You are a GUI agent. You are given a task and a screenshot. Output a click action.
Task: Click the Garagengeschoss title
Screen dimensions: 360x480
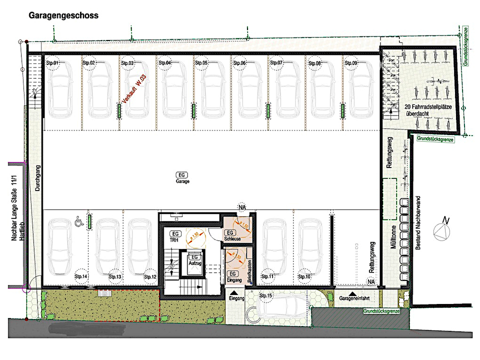pos(63,15)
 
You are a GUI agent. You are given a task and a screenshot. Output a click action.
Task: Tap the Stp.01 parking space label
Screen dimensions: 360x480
pos(52,63)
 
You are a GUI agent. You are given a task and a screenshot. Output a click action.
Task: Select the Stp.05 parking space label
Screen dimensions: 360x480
pos(201,63)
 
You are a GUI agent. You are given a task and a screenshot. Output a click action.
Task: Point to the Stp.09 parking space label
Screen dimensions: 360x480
pos(350,63)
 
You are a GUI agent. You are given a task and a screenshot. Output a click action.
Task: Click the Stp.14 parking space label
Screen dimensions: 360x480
pos(81,276)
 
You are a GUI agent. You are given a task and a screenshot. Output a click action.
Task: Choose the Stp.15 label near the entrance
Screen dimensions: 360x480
pos(266,296)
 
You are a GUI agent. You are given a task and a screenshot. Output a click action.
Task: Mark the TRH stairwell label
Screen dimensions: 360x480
pos(175,237)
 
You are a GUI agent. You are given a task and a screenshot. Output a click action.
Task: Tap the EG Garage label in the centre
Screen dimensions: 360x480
pos(182,178)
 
